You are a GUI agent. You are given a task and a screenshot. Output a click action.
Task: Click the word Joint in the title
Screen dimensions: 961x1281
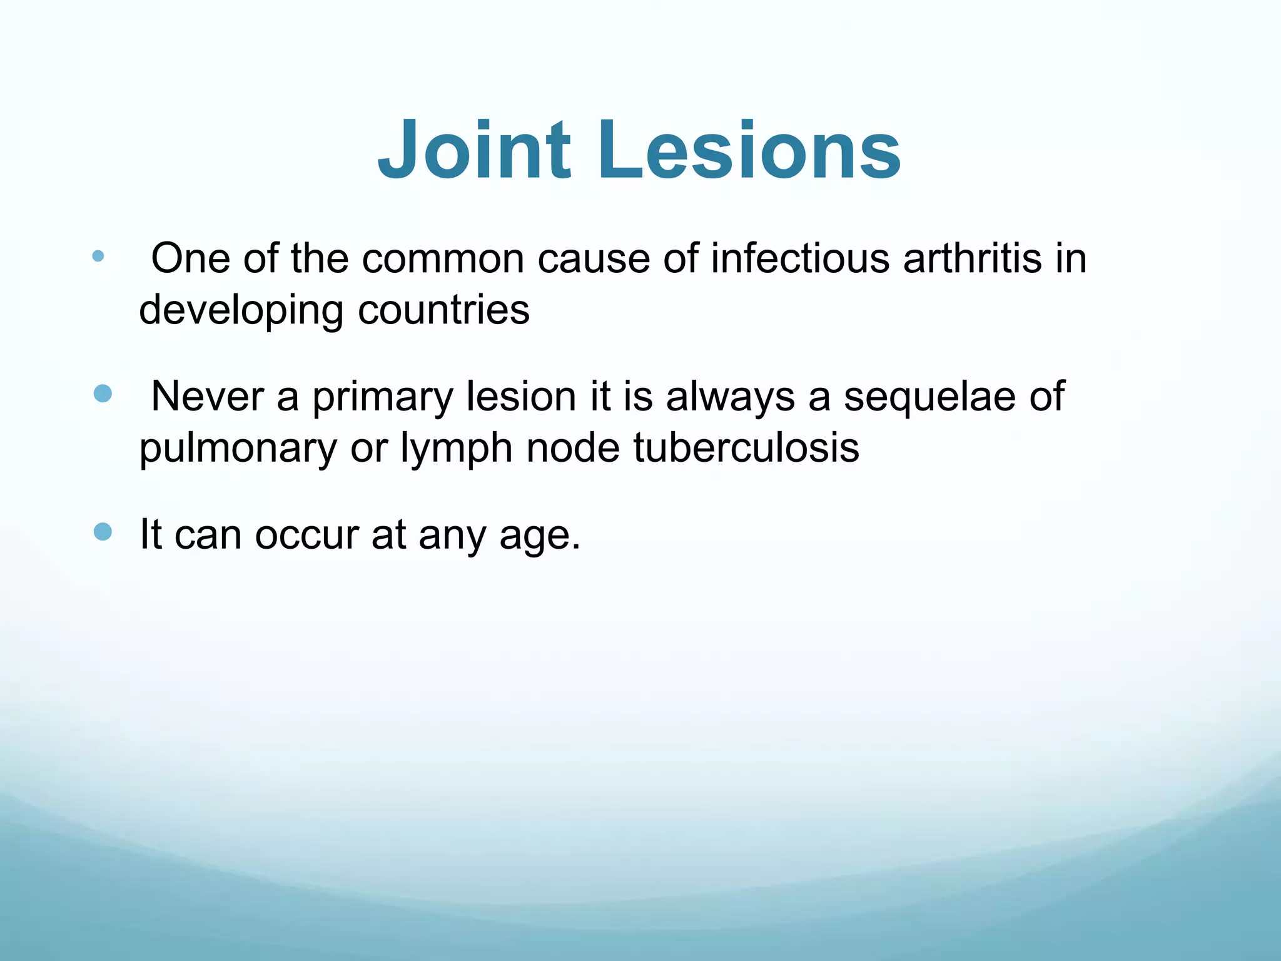[x=474, y=151]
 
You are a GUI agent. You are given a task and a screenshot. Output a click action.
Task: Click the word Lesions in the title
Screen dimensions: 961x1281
[x=749, y=151]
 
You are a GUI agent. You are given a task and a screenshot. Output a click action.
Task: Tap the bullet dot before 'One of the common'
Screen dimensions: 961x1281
[x=98, y=256]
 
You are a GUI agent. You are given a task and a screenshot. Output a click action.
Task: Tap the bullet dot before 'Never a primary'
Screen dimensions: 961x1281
[x=103, y=394]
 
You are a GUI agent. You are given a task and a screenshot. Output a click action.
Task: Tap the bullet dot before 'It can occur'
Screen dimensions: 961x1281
[x=103, y=532]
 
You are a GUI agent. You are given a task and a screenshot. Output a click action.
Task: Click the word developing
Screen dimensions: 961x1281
[x=241, y=310]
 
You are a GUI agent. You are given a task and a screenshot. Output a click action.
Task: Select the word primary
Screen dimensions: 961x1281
[x=382, y=397]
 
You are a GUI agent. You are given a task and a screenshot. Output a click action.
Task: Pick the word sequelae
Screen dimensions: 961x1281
[x=929, y=397]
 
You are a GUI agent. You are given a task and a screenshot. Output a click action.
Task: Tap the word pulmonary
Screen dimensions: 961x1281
[x=238, y=449]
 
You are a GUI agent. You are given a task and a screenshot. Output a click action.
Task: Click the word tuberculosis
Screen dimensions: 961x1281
[x=746, y=448]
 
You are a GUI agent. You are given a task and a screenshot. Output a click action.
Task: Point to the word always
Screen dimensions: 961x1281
[x=730, y=397]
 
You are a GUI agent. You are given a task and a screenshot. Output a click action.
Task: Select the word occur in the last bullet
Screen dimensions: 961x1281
[x=306, y=535]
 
